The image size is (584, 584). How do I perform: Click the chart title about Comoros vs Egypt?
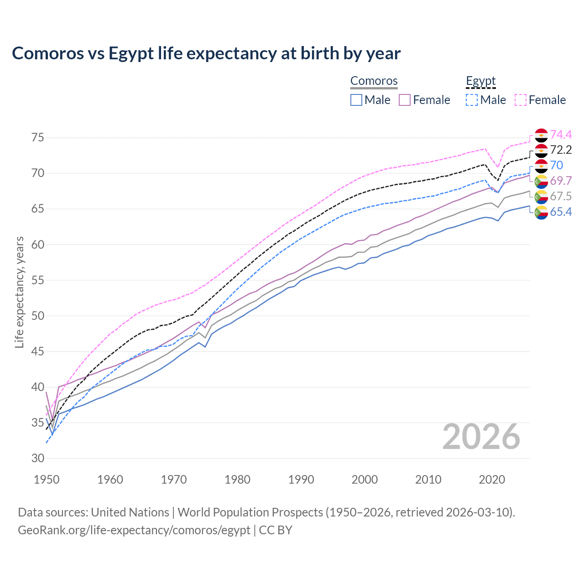click(x=206, y=53)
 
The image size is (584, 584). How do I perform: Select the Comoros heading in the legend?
click(x=374, y=81)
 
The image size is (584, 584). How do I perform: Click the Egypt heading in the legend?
click(x=480, y=81)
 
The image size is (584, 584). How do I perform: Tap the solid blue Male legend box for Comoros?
click(x=356, y=100)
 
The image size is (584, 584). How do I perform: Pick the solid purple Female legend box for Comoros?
click(x=405, y=100)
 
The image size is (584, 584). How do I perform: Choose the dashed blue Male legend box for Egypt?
click(x=472, y=100)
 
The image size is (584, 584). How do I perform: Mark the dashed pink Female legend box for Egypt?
click(x=520, y=100)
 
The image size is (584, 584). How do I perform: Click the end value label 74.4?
click(x=561, y=135)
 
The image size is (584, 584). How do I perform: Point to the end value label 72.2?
click(x=561, y=150)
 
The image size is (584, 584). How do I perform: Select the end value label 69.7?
click(x=561, y=181)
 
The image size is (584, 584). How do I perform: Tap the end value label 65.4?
click(x=561, y=212)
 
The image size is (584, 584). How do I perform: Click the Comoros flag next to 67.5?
click(x=541, y=197)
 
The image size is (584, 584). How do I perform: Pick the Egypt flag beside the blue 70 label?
click(x=541, y=166)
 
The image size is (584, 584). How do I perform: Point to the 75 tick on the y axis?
click(x=38, y=138)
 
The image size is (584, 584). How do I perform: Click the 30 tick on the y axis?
click(x=38, y=459)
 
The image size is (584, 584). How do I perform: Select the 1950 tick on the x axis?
click(x=47, y=480)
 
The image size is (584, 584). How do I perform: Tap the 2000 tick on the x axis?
click(x=365, y=480)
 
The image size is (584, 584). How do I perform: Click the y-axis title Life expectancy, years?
click(x=19, y=292)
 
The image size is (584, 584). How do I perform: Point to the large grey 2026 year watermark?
click(x=481, y=437)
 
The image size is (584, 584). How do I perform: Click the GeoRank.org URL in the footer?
click(x=134, y=530)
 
